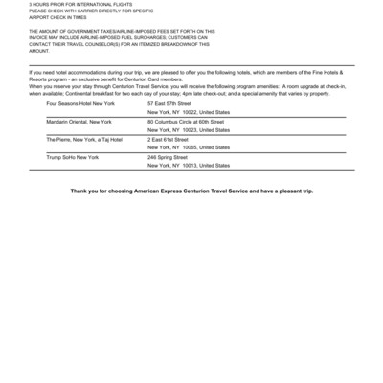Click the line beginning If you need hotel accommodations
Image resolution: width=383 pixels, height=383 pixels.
(191, 72)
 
